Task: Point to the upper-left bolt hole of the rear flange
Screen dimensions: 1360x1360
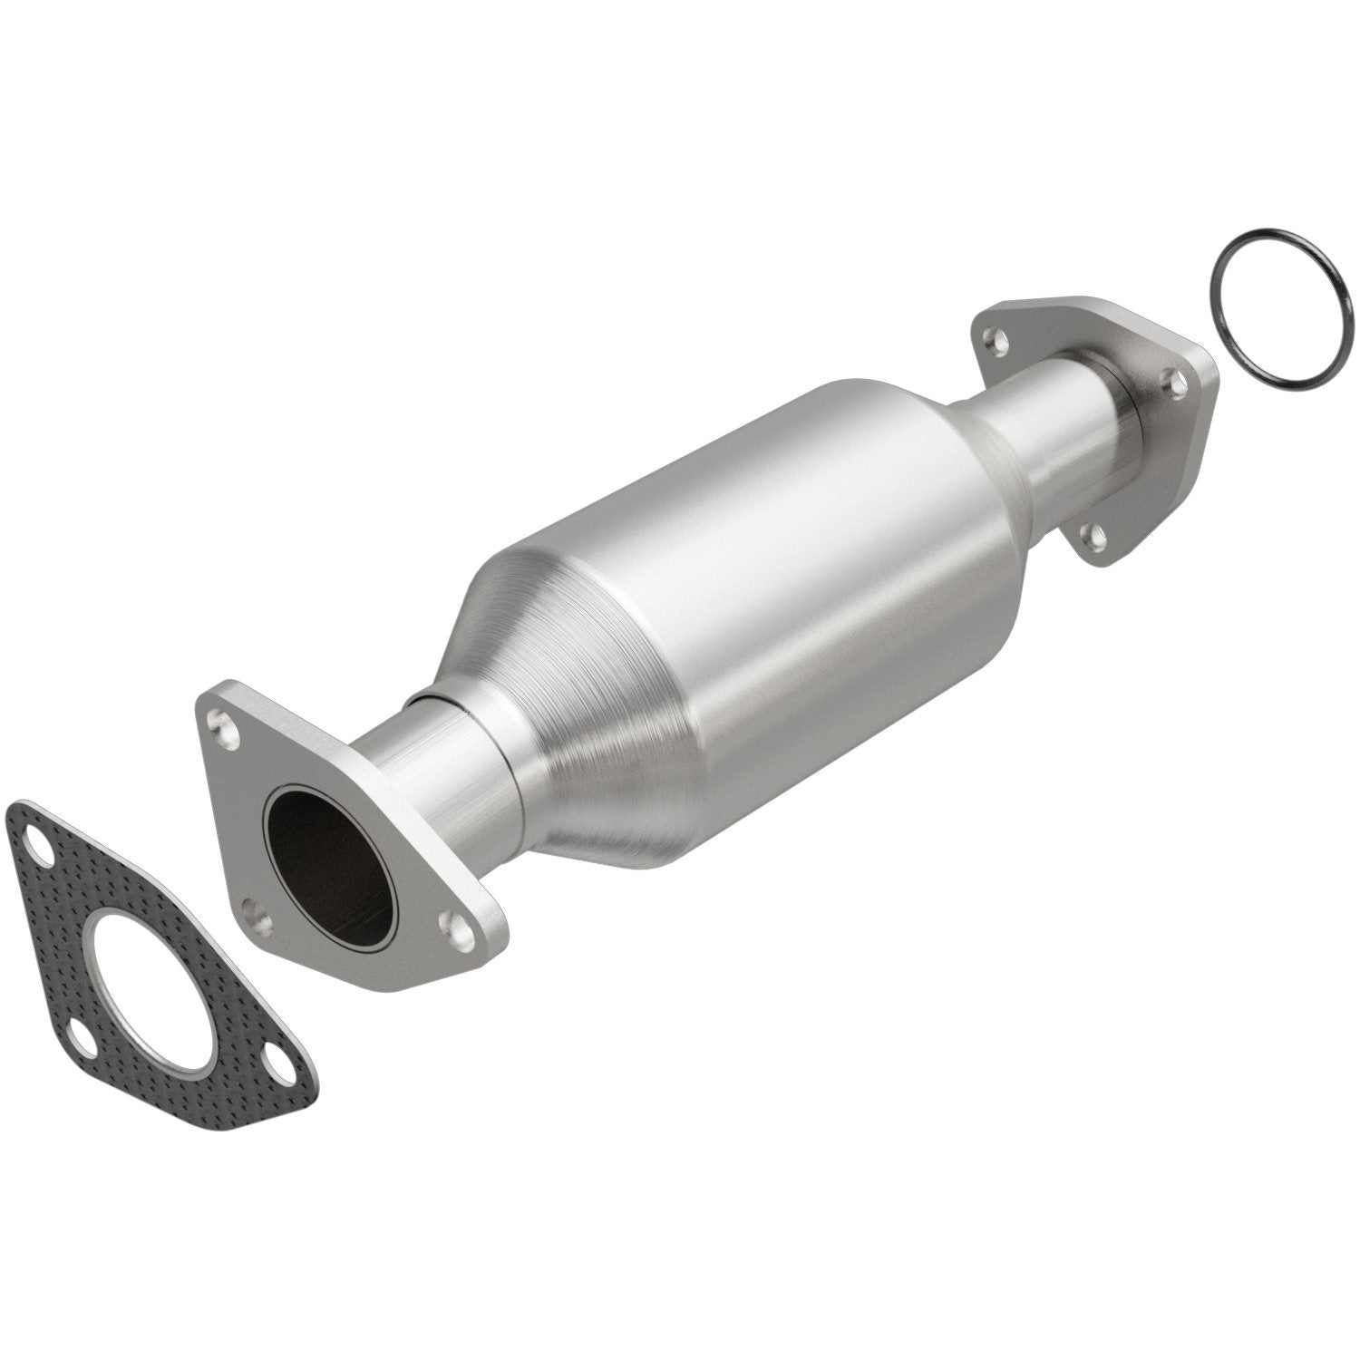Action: (999, 343)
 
